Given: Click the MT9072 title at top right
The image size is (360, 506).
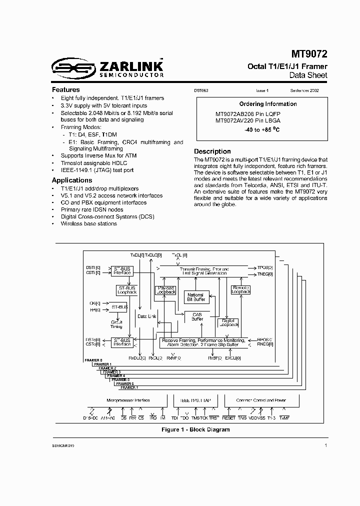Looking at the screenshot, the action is (309, 54).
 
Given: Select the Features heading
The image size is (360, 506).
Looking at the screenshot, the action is (66, 90).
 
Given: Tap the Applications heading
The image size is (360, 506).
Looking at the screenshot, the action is (72, 180).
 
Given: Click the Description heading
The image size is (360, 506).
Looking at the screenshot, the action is (212, 151).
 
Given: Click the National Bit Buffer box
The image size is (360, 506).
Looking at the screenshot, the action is (195, 297).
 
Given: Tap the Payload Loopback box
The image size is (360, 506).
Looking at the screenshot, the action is (165, 289).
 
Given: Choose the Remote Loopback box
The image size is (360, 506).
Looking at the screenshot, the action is (240, 289).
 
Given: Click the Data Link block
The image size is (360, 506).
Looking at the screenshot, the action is (146, 316).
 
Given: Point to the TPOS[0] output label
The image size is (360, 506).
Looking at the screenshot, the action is (265, 267).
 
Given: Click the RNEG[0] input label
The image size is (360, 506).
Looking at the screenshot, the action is (264, 344).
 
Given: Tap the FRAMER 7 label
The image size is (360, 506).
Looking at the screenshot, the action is (129, 387).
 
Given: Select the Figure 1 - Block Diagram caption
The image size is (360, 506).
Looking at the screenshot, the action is (195, 429).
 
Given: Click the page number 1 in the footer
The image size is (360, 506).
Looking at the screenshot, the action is (326, 444).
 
